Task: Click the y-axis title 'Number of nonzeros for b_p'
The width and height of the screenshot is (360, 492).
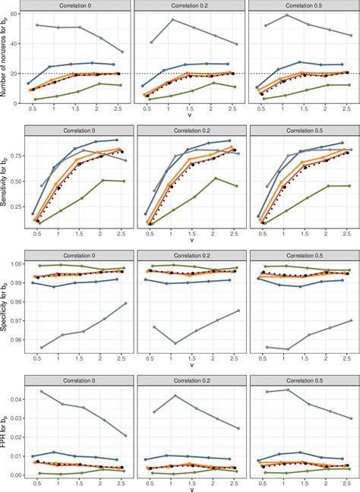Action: click(6, 58)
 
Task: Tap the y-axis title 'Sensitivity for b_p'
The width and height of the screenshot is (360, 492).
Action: click(6, 181)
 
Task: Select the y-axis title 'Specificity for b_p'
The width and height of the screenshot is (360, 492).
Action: click(6, 304)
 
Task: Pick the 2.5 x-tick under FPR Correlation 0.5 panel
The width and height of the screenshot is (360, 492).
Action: click(346, 481)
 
